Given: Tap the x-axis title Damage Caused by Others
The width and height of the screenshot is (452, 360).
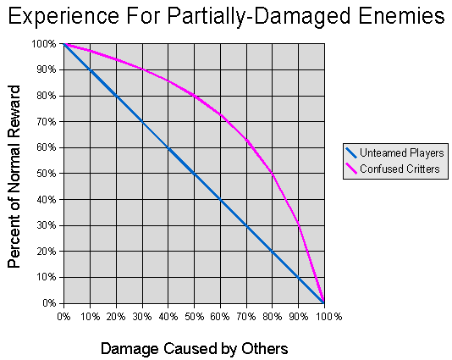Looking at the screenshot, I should click(194, 348).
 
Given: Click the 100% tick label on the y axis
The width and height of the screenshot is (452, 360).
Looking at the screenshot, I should click(45, 43).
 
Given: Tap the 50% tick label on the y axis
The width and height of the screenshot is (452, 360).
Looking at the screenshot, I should click(47, 174).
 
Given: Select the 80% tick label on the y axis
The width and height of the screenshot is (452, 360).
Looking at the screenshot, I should click(47, 96).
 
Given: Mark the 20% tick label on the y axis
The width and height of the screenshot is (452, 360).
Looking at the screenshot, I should click(47, 252).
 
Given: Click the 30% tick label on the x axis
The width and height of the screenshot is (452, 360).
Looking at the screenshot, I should click(142, 317).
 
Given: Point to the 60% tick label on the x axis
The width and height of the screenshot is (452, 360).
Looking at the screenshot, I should click(220, 317).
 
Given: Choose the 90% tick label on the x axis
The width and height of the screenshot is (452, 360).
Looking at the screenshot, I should click(298, 317).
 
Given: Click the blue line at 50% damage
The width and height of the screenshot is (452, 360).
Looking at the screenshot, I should click(194, 174).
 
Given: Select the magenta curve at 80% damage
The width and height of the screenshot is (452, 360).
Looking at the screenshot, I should click(272, 173).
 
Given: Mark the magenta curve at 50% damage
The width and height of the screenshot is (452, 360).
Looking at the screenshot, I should click(194, 95).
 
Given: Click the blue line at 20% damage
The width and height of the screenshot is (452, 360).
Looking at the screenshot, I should click(116, 96).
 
